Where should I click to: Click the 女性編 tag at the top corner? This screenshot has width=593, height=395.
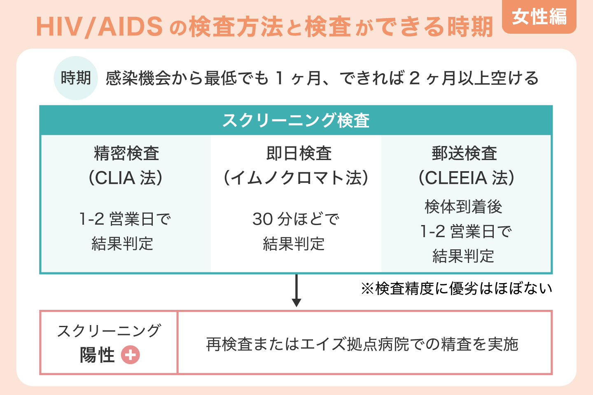(x=539, y=17)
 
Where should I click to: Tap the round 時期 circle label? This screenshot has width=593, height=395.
(x=76, y=78)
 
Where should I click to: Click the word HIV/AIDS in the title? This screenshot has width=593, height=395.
(x=99, y=27)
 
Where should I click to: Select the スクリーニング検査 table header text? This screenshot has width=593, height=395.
(x=296, y=120)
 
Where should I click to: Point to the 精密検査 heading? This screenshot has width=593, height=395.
(x=126, y=153)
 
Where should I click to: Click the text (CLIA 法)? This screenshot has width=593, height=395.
(x=126, y=178)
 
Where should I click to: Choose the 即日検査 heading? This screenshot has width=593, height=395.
(x=299, y=153)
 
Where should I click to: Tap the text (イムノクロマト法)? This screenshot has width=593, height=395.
(x=296, y=178)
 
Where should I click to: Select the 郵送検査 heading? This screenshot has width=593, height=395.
(x=464, y=153)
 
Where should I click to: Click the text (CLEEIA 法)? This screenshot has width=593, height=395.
(x=466, y=178)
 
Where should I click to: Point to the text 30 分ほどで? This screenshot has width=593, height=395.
(x=296, y=219)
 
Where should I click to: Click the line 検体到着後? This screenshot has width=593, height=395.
(x=463, y=207)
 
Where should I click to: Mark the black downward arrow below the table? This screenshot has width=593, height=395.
(x=296, y=290)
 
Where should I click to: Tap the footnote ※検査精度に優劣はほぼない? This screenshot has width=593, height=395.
(x=456, y=288)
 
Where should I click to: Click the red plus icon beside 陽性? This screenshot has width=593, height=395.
(x=131, y=355)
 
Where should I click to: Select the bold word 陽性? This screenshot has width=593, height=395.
(x=97, y=355)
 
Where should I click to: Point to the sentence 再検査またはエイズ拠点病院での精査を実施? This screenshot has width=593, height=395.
(x=362, y=344)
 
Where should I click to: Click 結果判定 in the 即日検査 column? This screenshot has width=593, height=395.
(x=294, y=244)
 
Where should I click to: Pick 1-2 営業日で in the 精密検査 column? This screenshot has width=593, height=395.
(x=125, y=219)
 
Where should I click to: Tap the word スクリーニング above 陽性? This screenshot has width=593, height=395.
(x=109, y=331)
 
